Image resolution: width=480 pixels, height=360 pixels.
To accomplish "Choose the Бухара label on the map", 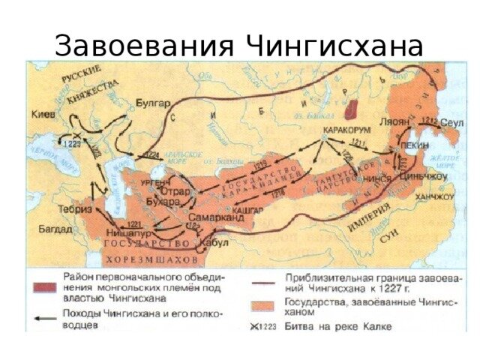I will (164, 202).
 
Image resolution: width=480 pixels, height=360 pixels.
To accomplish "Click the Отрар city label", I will (165, 190).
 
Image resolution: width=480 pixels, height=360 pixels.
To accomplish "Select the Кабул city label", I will (214, 242).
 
